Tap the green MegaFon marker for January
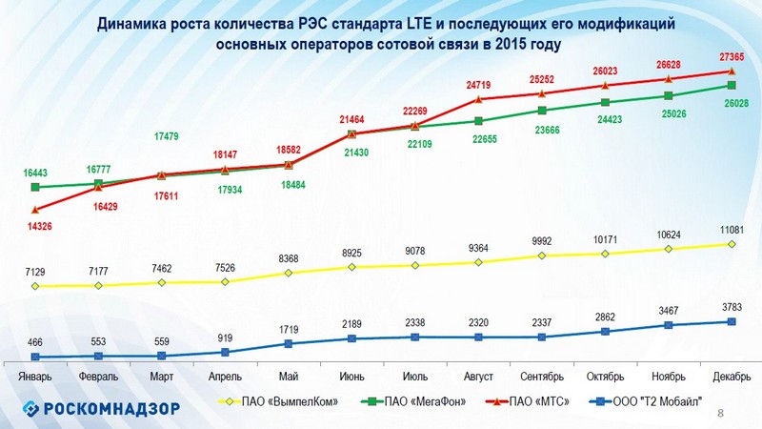(34, 187)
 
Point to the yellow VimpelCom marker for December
(732, 244)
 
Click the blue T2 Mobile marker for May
(289, 343)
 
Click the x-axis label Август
(478, 377)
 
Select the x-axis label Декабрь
(731, 377)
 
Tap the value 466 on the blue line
(34, 341)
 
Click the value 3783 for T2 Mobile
(732, 306)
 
